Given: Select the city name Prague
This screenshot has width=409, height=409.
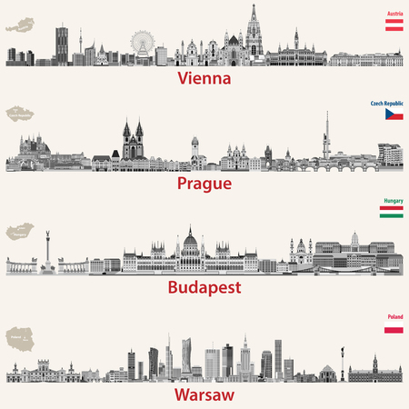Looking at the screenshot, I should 204,183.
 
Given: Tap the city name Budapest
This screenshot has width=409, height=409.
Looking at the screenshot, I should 204,288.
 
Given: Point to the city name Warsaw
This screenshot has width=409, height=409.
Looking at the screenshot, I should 204,394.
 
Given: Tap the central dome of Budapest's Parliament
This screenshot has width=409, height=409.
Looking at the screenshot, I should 191,241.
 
